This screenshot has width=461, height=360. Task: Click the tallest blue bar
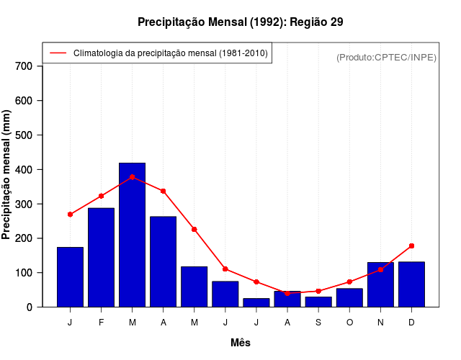point(132,235)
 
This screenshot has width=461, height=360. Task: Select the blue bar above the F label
point(101,257)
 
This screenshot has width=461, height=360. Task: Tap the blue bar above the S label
point(318,302)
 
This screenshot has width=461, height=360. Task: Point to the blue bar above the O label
point(349,297)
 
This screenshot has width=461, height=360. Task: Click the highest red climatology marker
point(132,177)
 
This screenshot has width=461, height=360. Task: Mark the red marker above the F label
point(101,196)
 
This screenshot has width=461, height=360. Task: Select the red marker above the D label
point(411,246)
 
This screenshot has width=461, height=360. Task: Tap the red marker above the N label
point(380,269)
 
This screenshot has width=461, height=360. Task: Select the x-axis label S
point(318,323)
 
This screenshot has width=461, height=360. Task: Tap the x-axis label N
point(380,323)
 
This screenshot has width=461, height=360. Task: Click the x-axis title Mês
point(241,343)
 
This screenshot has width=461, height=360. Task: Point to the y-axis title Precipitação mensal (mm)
point(7,175)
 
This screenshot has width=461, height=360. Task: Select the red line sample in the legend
point(58,53)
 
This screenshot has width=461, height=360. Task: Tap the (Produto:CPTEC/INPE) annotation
point(387,57)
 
